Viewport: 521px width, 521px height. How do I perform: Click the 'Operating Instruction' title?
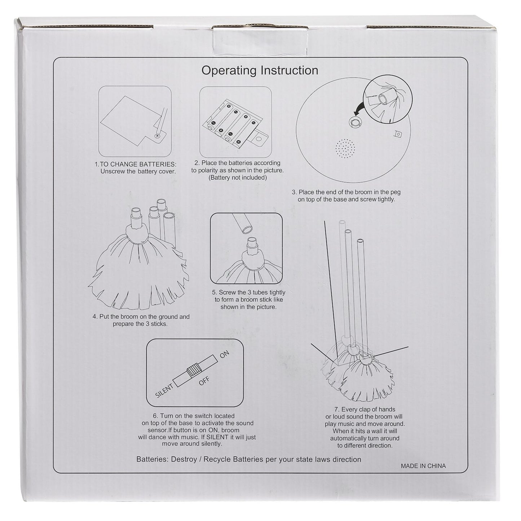[260, 71]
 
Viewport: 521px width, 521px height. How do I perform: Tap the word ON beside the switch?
[224, 354]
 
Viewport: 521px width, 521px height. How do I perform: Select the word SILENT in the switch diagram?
[164, 391]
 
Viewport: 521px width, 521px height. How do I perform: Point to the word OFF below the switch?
[204, 381]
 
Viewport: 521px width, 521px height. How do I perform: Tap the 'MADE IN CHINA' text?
[423, 466]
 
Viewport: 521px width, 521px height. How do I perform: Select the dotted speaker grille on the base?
[345, 149]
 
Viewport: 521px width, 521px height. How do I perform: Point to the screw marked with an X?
[157, 136]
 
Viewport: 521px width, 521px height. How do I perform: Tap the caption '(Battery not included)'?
[237, 178]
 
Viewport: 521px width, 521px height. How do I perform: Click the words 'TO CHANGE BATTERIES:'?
[138, 164]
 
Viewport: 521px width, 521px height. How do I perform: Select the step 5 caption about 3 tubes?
[248, 300]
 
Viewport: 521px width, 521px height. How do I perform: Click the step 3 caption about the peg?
[346, 196]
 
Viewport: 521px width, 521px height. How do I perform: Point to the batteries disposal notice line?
[249, 459]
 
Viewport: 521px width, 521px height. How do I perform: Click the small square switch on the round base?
[398, 134]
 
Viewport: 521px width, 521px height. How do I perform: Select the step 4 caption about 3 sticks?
[141, 320]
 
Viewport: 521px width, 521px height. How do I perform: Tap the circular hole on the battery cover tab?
[259, 139]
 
